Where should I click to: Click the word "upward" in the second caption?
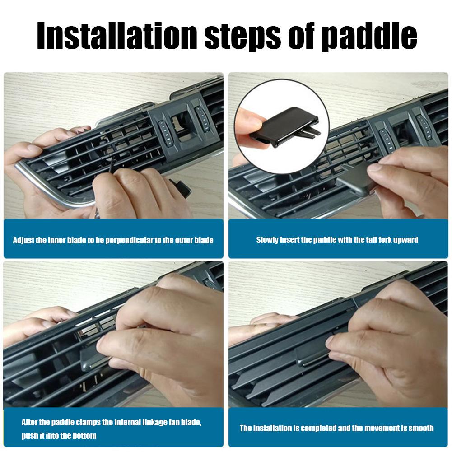click(x=405, y=240)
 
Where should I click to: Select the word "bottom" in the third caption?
click(x=84, y=436)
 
